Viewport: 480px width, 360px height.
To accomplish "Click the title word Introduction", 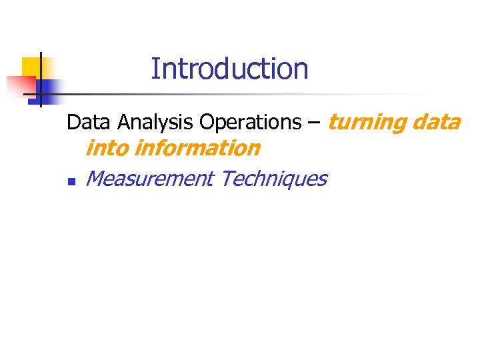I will pyautogui.click(x=229, y=69).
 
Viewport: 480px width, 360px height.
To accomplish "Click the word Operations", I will pyautogui.click(x=250, y=123).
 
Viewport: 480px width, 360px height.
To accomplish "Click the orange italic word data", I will pyautogui.click(x=436, y=123).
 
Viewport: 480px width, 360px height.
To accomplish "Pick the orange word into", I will pyautogui.click(x=107, y=148).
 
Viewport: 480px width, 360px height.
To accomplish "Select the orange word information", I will pyautogui.click(x=197, y=148).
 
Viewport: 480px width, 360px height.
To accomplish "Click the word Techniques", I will pyautogui.click(x=273, y=179).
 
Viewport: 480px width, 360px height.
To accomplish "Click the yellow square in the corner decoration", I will pyautogui.click(x=32, y=67).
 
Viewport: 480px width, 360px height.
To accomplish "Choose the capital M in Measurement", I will pyautogui.click(x=96, y=179).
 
